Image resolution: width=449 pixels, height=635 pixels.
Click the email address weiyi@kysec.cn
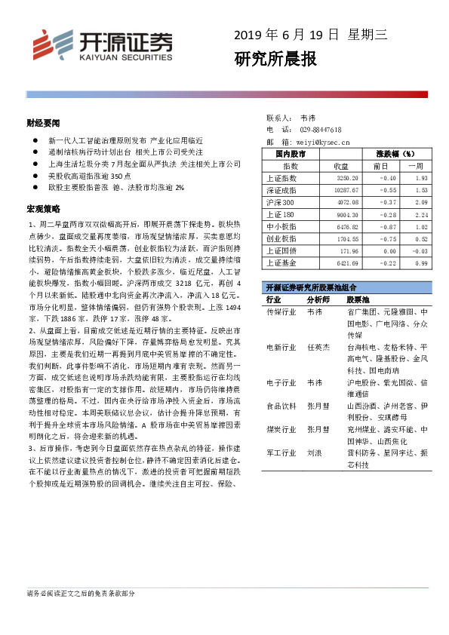click(323, 141)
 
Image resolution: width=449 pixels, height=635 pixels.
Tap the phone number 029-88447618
click(321, 130)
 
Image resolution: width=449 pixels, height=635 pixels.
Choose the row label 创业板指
click(282, 238)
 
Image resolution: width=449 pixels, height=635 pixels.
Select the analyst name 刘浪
click(314, 454)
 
